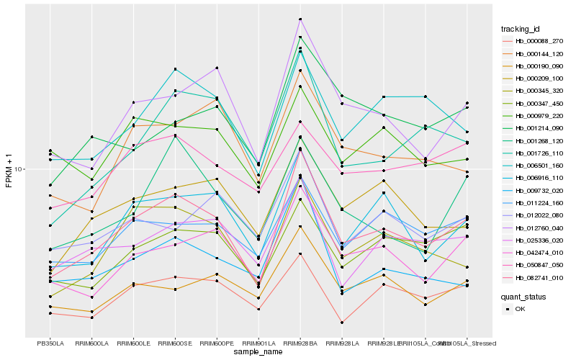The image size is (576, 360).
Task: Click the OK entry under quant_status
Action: (x=520, y=308)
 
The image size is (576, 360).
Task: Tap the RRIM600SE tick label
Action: (x=175, y=343)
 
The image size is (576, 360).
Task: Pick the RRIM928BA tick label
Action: (x=300, y=343)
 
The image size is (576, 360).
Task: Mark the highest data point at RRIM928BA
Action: (x=300, y=19)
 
